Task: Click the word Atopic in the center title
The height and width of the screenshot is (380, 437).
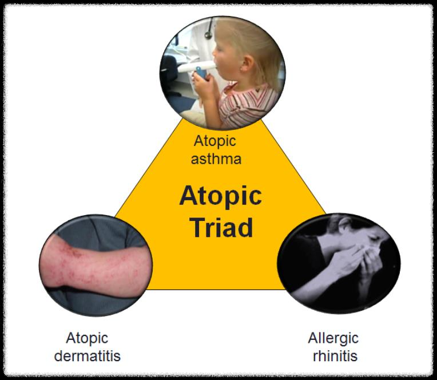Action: click(220, 196)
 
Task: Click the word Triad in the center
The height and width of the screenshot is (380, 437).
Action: click(221, 227)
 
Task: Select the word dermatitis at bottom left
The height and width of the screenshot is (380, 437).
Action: click(88, 355)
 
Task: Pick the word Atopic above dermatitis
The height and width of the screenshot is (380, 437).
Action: click(87, 338)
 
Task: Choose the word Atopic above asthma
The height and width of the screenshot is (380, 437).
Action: click(215, 141)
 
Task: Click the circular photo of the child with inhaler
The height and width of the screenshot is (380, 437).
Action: click(223, 72)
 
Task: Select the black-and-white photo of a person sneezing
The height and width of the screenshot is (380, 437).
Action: click(338, 263)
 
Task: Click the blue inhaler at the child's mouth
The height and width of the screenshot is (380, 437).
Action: click(200, 72)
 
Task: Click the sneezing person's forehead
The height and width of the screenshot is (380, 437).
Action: click(343, 229)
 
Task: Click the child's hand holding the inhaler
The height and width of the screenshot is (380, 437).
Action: click(201, 86)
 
